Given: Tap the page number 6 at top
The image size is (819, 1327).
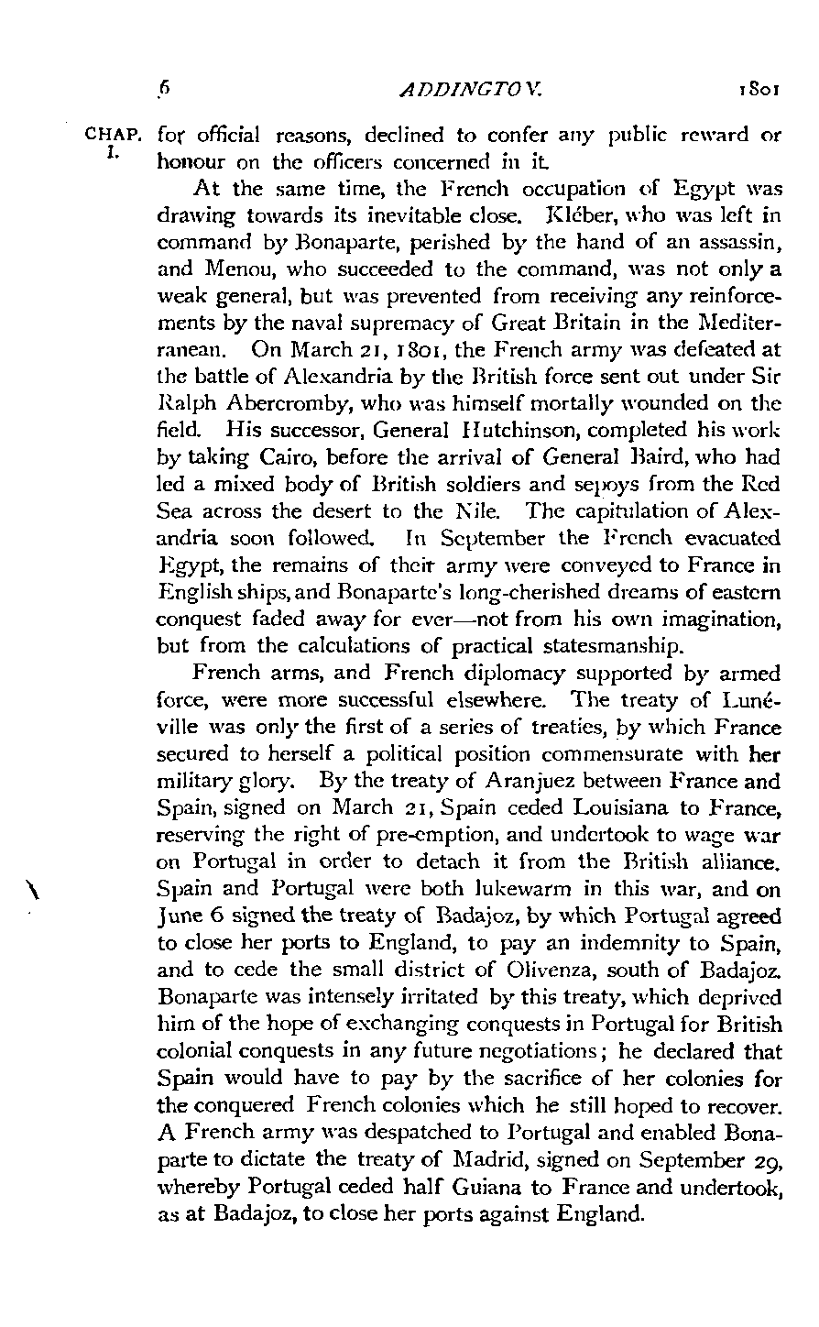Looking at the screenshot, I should coord(164,90).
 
